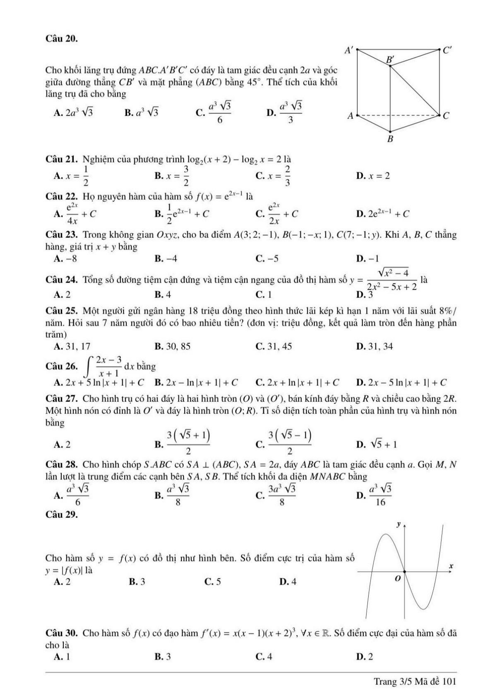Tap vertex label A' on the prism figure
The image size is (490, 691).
(348, 51)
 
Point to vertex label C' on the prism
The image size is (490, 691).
(448, 51)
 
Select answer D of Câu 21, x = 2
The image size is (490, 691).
(373, 176)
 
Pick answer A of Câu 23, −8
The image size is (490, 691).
(65, 259)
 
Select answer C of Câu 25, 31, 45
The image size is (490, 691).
(274, 346)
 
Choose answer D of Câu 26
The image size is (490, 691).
(401, 383)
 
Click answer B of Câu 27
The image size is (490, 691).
(183, 443)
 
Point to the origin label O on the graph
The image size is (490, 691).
(397, 578)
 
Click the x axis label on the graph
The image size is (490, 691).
(451, 566)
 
